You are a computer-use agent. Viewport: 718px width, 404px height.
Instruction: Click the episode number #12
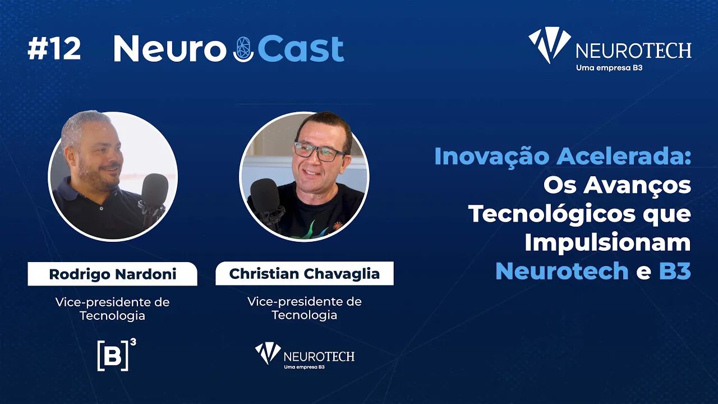click(54, 49)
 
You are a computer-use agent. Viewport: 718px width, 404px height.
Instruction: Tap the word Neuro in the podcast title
click(170, 49)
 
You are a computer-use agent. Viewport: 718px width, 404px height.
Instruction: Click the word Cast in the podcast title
click(301, 49)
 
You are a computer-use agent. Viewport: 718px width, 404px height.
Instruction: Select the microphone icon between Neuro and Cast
click(243, 49)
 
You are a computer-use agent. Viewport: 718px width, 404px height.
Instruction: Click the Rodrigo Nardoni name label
click(113, 274)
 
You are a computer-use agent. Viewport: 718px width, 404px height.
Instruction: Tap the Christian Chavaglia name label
click(305, 273)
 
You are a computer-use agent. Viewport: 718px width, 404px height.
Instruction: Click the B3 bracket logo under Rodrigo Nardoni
click(117, 355)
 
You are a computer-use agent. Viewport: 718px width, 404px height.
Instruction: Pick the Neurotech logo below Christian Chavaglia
click(305, 356)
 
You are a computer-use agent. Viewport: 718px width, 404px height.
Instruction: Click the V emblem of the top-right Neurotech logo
click(549, 43)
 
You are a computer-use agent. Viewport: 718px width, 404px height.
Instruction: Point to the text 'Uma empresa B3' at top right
click(609, 68)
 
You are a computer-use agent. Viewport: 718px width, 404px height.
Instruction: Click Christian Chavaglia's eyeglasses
click(320, 151)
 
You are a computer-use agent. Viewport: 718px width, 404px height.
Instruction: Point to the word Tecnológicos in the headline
click(552, 214)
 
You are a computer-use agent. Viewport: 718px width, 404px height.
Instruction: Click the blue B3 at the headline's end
click(675, 271)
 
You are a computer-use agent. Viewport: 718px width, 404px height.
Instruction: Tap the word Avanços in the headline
click(637, 186)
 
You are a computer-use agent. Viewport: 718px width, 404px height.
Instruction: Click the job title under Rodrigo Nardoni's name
click(113, 309)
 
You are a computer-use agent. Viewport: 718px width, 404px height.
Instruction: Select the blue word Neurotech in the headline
click(562, 271)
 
